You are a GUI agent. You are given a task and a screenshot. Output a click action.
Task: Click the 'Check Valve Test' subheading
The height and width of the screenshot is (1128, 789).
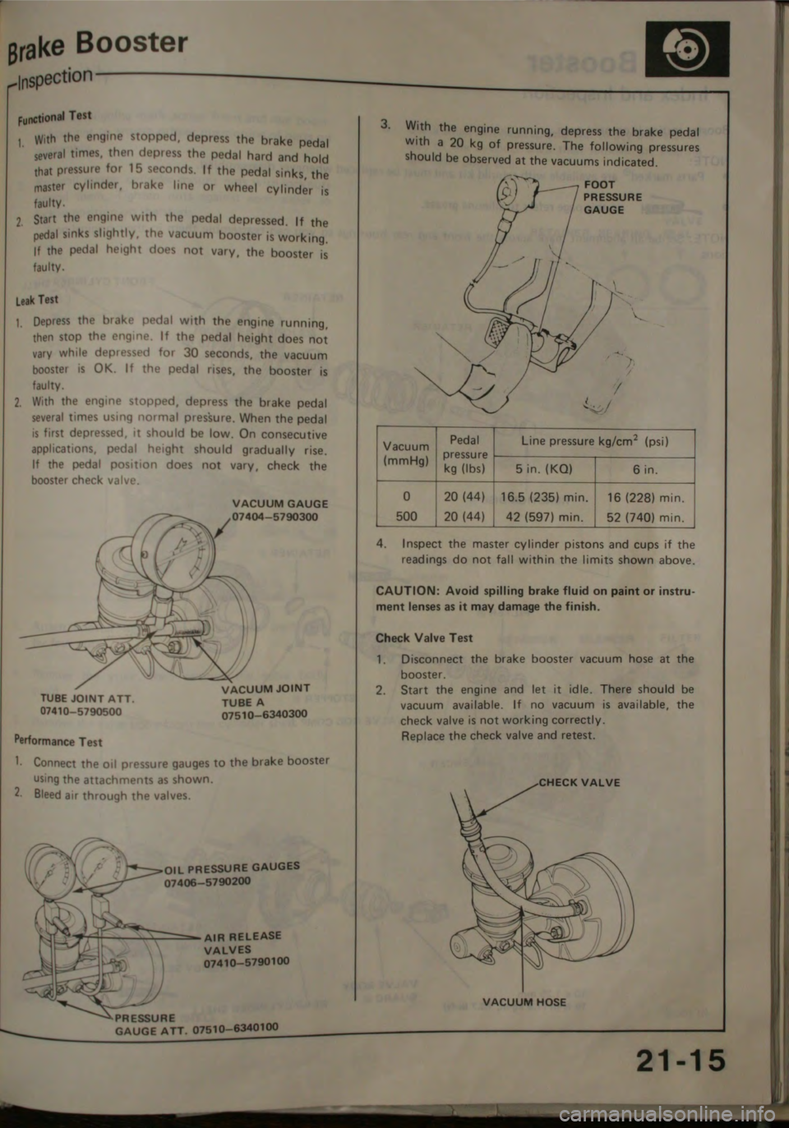pos(423,638)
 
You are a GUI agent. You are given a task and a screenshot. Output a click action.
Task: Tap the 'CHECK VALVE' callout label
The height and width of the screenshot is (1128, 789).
pos(579,782)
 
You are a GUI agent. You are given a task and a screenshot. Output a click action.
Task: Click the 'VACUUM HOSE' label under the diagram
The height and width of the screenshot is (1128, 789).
pos(524,1001)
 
